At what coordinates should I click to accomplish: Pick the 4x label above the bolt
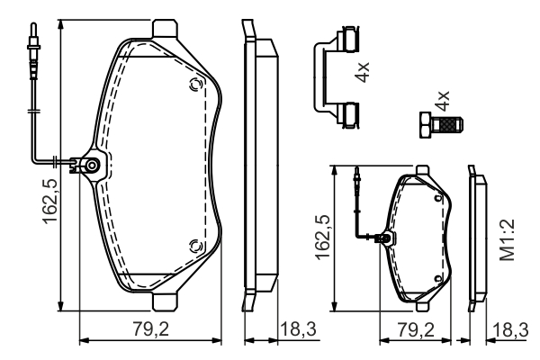tap(441, 100)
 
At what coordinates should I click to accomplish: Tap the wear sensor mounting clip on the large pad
tap(92, 165)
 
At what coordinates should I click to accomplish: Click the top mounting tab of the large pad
tap(166, 30)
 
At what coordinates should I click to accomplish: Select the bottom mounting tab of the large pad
tap(166, 301)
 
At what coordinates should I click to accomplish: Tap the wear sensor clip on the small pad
tap(386, 239)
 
